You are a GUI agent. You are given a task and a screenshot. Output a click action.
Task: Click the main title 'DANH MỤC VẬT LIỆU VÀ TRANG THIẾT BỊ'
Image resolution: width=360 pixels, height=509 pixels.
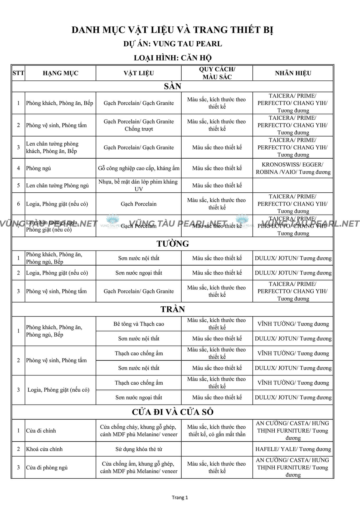click(172, 30)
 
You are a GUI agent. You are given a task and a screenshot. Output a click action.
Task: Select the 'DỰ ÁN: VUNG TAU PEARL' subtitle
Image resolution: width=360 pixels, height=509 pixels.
click(173, 44)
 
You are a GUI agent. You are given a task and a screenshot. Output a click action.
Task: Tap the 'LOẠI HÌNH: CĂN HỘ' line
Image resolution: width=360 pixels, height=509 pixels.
click(173, 58)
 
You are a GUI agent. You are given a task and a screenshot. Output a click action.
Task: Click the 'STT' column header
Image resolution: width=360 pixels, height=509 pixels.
click(18, 73)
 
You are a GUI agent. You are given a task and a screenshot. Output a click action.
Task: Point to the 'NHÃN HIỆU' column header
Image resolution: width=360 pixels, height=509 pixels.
click(293, 73)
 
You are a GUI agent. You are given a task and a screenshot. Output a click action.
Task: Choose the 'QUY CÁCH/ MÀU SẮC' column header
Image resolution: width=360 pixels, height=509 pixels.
click(217, 73)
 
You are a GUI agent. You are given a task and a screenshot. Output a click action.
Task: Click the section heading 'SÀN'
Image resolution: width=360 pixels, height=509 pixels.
click(172, 86)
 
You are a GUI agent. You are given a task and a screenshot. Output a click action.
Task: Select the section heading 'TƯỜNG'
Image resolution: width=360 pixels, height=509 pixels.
click(173, 244)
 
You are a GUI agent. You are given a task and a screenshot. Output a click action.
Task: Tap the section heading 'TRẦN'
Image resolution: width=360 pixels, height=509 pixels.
click(173, 309)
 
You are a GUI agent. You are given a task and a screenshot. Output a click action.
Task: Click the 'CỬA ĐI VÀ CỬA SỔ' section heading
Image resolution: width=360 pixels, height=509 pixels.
click(173, 412)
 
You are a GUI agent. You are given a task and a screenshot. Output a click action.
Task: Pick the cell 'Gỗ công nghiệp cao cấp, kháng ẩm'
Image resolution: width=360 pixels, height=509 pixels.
click(139, 168)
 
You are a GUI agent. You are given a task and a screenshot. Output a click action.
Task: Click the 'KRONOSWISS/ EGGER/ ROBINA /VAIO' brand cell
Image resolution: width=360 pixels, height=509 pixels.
click(293, 168)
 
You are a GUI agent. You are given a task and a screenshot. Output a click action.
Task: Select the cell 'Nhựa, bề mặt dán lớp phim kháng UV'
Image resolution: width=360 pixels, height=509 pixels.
click(139, 185)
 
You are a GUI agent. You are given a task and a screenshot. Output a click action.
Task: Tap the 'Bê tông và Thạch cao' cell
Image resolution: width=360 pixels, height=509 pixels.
click(139, 324)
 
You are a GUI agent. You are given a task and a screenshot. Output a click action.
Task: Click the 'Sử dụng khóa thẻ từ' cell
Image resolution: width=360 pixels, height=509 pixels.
click(139, 449)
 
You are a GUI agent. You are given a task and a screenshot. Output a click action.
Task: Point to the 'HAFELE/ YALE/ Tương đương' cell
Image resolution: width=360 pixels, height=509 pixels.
click(293, 449)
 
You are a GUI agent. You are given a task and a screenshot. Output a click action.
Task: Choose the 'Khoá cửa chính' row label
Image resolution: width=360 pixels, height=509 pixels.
click(44, 449)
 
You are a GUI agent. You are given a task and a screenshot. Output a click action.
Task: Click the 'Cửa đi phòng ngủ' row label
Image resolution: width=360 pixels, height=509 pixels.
click(47, 467)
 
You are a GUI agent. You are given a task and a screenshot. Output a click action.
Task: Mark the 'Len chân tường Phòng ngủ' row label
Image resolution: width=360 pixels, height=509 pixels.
click(57, 185)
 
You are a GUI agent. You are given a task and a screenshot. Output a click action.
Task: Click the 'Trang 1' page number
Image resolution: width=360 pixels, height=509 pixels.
click(180, 497)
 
